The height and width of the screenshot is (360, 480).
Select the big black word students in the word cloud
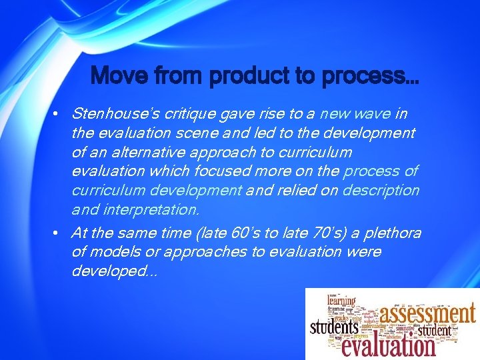[335, 328]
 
